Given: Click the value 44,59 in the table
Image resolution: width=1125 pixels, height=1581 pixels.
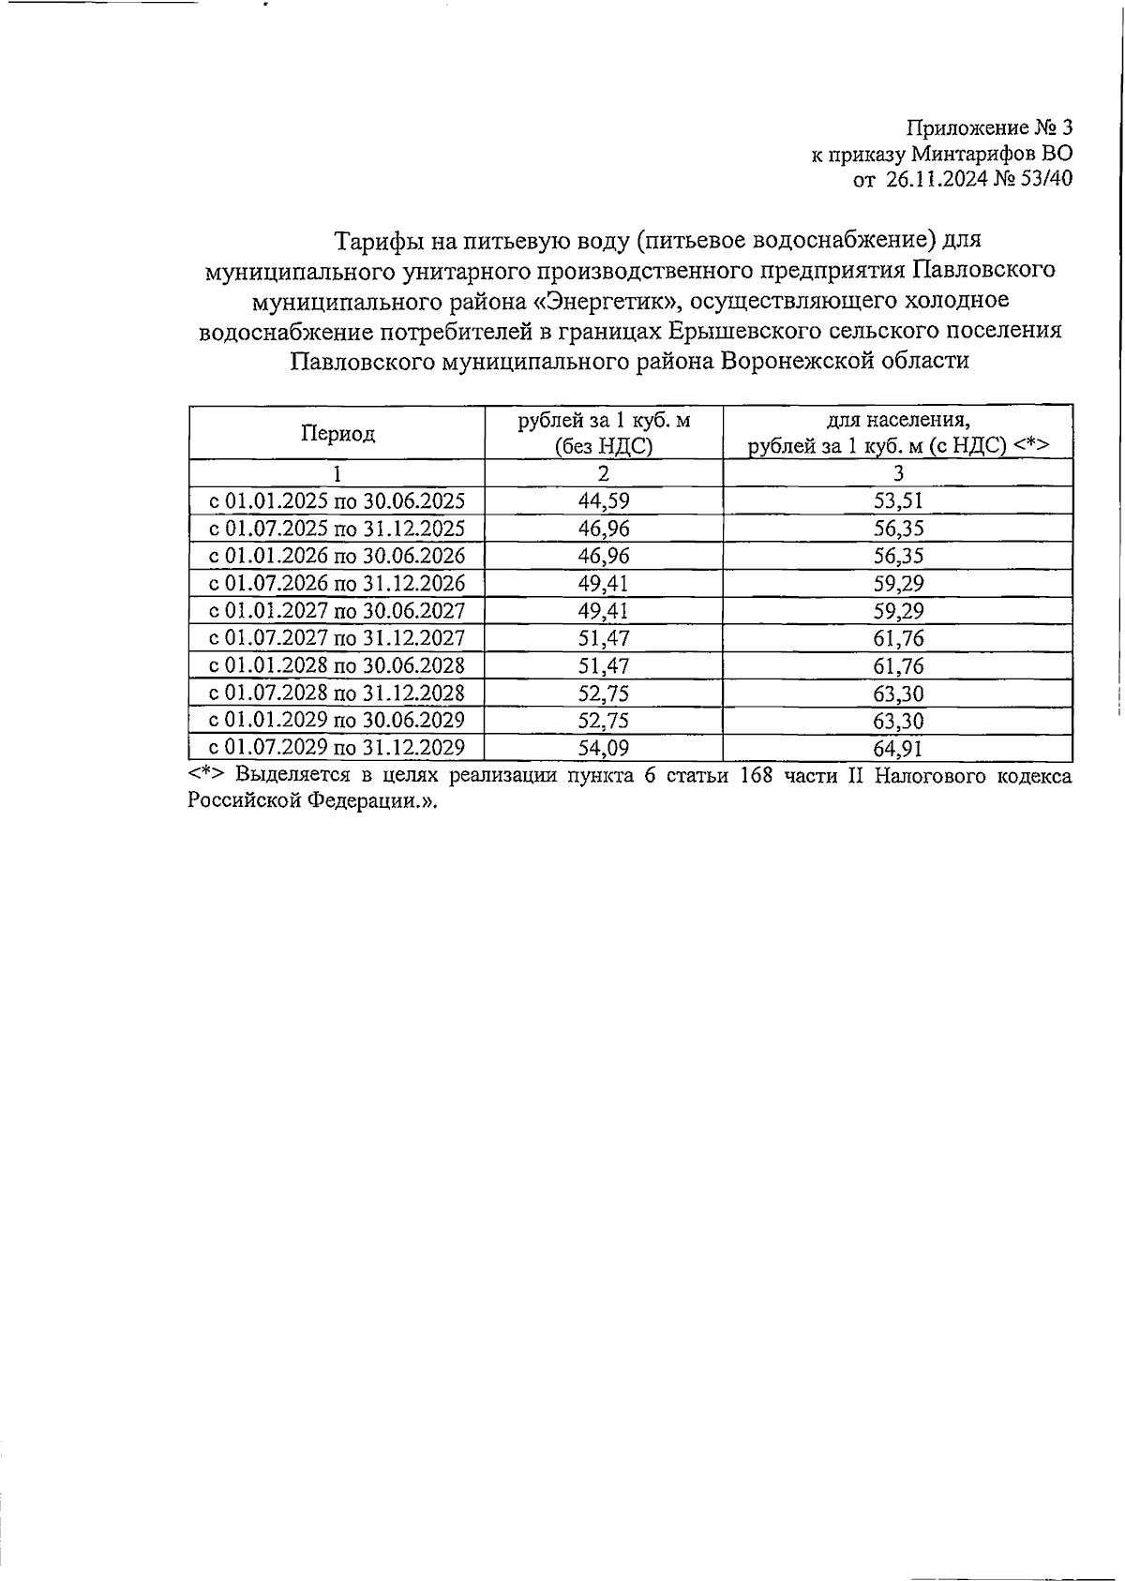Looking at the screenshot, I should click(604, 500).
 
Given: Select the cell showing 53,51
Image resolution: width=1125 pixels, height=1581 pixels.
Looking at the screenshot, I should click(898, 500).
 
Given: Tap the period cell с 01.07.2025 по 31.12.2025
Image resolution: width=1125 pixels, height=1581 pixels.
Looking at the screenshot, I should click(337, 528).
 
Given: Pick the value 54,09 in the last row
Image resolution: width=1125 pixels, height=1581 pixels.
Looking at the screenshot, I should click(604, 748).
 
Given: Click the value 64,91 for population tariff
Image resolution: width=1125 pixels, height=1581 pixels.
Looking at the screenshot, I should click(898, 748).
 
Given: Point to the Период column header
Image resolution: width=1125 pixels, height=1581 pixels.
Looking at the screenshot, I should click(337, 433).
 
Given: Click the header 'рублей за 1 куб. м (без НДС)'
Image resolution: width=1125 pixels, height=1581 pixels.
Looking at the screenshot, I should click(604, 433).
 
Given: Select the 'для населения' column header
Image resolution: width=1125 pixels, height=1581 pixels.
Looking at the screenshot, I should click(898, 433).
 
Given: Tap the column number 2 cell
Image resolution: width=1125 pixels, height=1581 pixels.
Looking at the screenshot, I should click(604, 473).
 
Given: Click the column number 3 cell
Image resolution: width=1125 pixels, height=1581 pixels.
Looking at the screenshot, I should click(898, 473).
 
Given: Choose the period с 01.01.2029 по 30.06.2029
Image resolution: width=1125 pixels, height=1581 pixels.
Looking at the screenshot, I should click(337, 720).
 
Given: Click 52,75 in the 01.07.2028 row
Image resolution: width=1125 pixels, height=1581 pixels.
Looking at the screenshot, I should click(604, 693).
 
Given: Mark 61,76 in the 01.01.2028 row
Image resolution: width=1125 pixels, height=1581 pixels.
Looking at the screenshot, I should click(898, 665).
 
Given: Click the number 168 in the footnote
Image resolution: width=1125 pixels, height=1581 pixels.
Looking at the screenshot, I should click(756, 776).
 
